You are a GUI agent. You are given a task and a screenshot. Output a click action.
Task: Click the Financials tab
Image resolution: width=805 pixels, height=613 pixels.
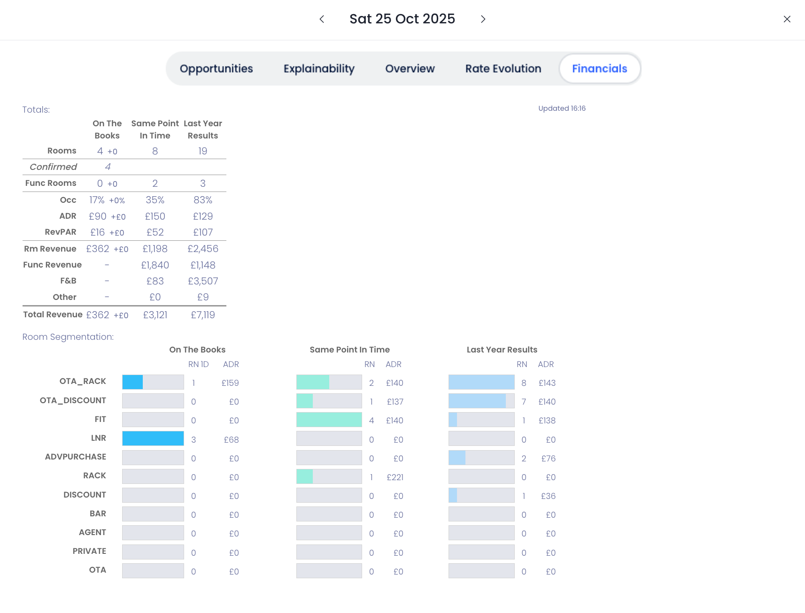click(599, 69)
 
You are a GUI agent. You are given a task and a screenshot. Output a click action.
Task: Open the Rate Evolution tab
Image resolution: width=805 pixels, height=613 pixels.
click(503, 69)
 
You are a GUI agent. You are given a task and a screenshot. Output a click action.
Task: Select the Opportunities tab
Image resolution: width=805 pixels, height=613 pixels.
click(216, 69)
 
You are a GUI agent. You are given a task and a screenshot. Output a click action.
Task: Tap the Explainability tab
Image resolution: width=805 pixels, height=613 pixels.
click(319, 69)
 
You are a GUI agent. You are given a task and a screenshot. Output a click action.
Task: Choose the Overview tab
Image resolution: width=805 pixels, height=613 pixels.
click(410, 69)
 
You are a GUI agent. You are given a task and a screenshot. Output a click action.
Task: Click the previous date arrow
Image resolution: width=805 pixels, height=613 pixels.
click(322, 19)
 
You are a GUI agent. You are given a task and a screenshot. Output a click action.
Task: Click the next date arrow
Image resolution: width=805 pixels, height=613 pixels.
click(483, 19)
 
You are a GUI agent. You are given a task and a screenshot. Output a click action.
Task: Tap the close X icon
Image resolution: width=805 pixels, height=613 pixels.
click(787, 19)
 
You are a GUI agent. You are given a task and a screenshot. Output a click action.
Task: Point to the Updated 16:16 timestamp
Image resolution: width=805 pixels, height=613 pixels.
click(562, 108)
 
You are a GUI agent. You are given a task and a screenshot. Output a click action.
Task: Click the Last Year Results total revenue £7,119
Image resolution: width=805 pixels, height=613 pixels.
click(203, 315)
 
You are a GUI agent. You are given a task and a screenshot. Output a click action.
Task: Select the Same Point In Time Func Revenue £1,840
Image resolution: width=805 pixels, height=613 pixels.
click(155, 265)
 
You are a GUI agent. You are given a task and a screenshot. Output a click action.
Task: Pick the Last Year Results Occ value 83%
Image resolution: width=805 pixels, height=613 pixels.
click(203, 200)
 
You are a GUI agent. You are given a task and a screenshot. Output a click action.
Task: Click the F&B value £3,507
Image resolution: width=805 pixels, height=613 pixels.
click(203, 281)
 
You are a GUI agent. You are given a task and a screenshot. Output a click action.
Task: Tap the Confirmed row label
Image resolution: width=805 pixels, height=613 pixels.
click(53, 167)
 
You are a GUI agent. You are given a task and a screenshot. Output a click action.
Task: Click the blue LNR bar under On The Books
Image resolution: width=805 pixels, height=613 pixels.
click(153, 438)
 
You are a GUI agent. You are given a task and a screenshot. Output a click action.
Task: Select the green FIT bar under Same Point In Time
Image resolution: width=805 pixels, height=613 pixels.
click(329, 420)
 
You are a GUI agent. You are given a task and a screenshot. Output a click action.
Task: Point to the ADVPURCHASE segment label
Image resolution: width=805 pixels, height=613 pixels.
click(76, 457)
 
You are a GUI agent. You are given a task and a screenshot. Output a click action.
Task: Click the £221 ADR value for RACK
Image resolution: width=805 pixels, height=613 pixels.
click(395, 477)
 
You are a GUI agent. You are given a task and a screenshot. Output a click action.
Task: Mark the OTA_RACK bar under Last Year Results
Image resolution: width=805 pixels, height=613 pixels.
click(481, 382)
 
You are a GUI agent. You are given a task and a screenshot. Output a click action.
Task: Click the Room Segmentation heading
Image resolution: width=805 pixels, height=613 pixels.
click(68, 337)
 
